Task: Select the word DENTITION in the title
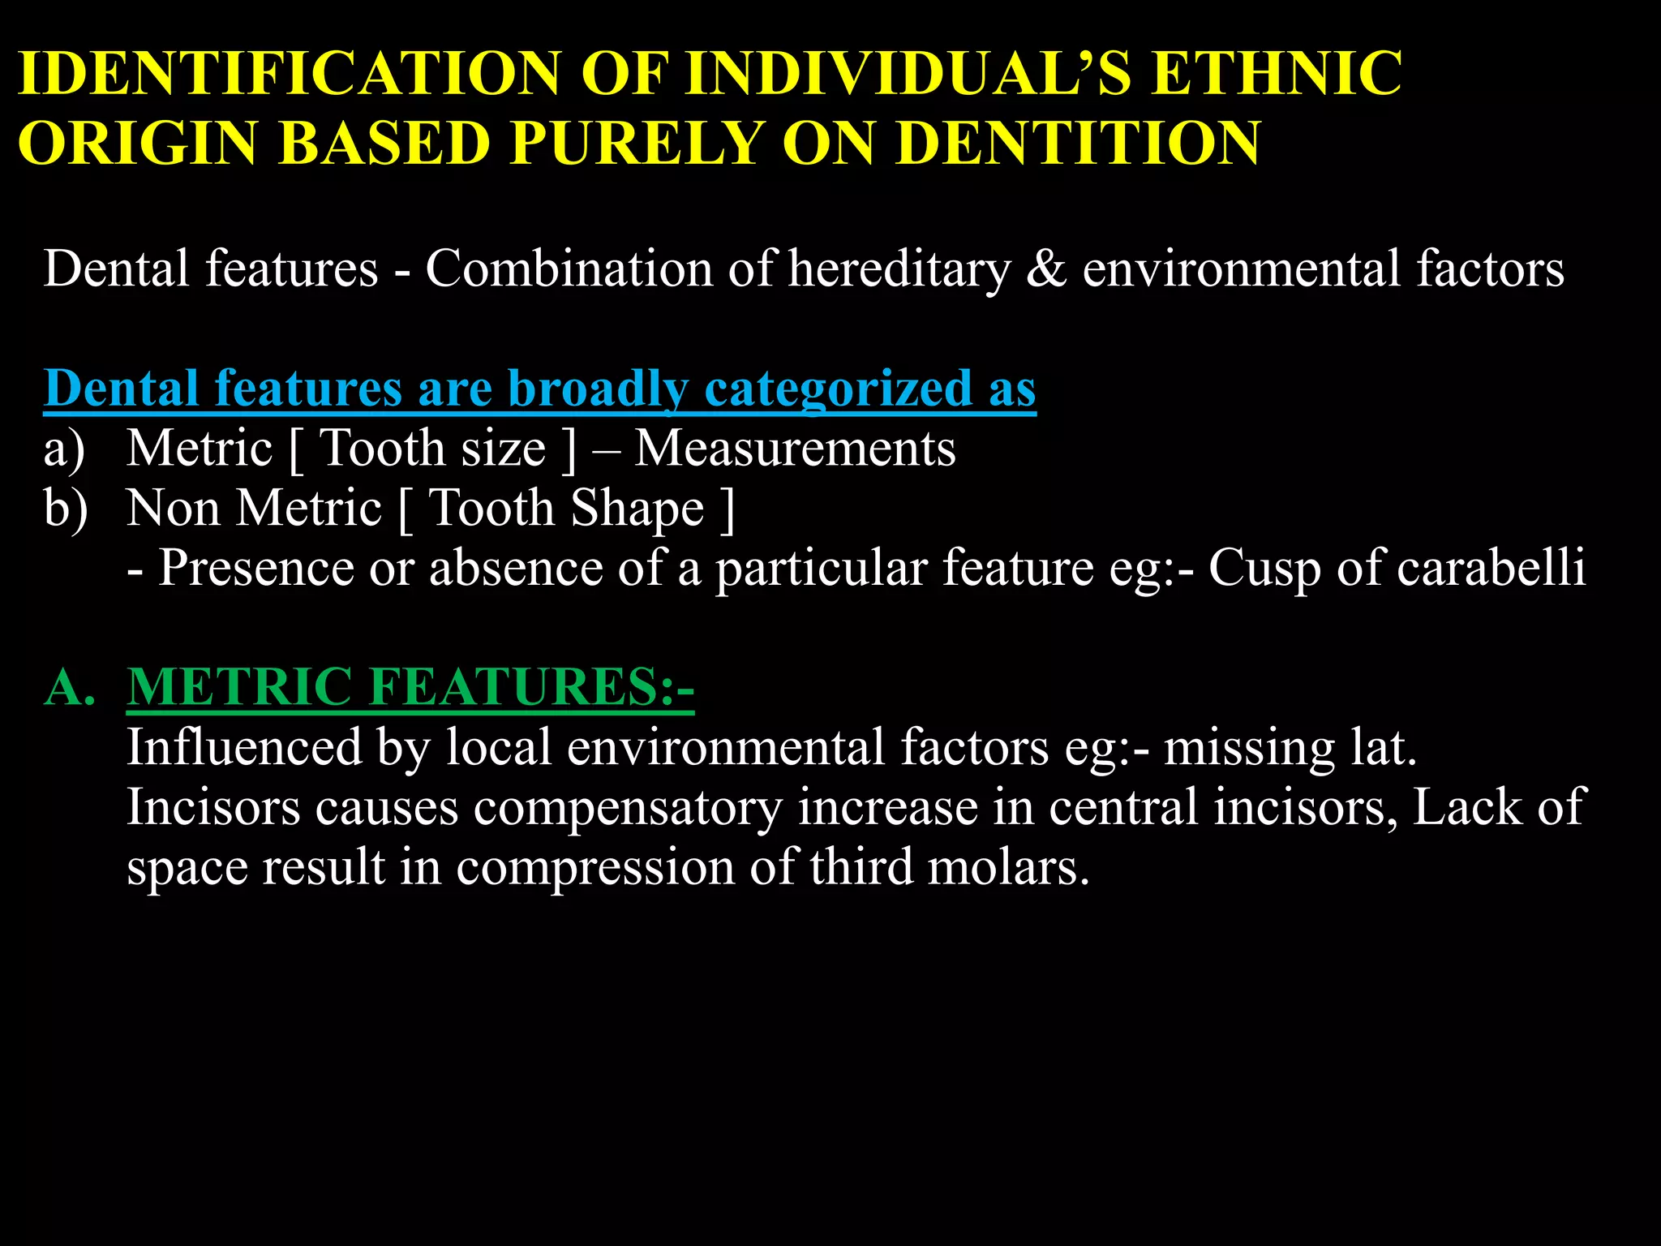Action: [1078, 144]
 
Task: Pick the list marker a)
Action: [64, 449]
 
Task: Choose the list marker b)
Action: [66, 509]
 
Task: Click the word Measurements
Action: [795, 449]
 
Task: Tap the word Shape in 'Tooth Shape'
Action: [637, 509]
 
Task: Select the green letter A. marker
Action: [70, 687]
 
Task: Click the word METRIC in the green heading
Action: [239, 687]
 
